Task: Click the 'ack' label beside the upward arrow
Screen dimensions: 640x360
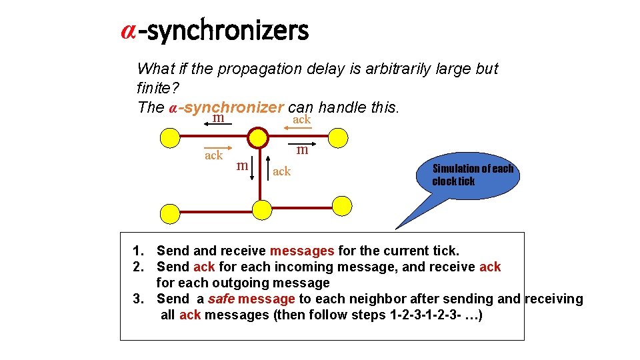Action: pyautogui.click(x=282, y=171)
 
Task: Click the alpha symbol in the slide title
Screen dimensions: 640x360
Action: pyautogui.click(x=129, y=31)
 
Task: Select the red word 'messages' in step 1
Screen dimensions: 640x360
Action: pyautogui.click(x=301, y=251)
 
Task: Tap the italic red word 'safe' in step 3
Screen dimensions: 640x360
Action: pyautogui.click(x=221, y=299)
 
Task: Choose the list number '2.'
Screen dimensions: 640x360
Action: pyautogui.click(x=139, y=267)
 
